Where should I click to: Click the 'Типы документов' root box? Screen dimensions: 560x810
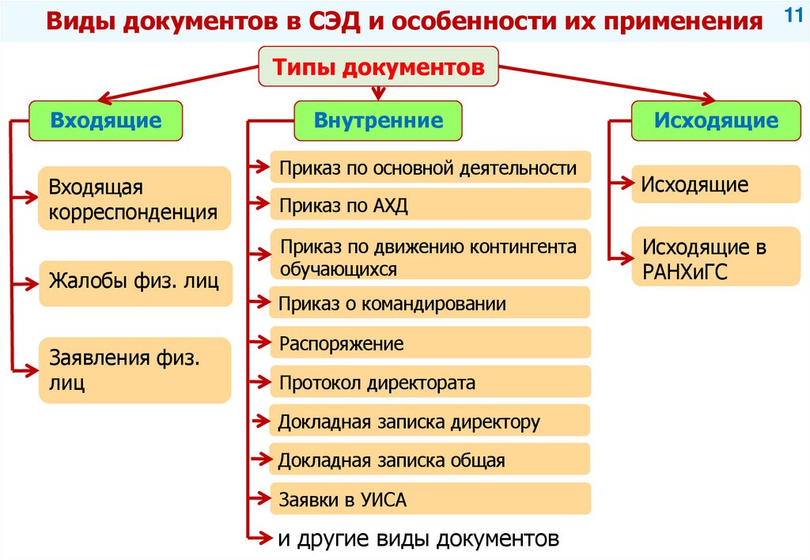click(x=379, y=67)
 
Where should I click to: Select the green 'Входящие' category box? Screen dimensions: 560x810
click(x=106, y=121)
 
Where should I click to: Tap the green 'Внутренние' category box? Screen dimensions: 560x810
click(x=378, y=121)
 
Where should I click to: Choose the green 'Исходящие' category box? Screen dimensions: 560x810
click(x=716, y=121)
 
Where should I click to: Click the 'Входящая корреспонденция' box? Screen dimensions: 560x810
click(x=134, y=199)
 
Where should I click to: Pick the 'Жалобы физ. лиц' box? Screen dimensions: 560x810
click(x=134, y=282)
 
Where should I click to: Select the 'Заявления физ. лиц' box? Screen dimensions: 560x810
click(x=134, y=370)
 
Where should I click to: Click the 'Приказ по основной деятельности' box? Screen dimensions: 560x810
click(x=430, y=168)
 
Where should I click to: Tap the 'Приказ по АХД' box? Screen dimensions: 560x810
click(x=430, y=206)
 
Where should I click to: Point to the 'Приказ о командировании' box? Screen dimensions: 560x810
click(x=430, y=303)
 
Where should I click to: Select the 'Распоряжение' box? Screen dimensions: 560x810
click(x=430, y=344)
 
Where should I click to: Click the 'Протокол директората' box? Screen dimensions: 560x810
click(x=430, y=383)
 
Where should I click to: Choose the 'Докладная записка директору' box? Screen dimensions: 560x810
click(x=430, y=421)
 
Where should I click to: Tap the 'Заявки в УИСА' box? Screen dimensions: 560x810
click(x=430, y=500)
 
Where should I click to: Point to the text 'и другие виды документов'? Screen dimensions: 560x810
click(x=418, y=539)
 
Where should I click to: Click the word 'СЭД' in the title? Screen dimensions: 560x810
click(x=319, y=22)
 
